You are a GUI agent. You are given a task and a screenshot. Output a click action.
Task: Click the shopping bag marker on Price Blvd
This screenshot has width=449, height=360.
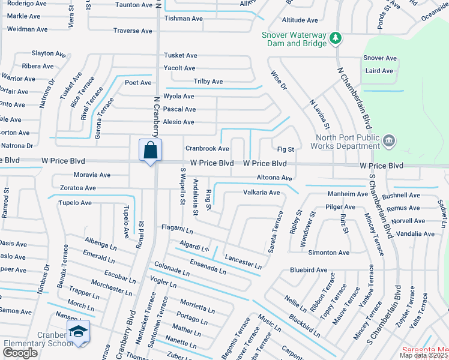click(x=150, y=150)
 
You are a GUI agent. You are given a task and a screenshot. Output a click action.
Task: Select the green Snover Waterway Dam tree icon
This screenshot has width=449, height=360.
click(x=336, y=39)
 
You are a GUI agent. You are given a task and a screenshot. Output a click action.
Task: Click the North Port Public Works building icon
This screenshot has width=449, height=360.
click(x=389, y=140)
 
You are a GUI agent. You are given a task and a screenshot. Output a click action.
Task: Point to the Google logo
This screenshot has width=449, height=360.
click(x=20, y=353)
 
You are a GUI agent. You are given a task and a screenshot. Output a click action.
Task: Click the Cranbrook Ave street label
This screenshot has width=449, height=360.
click(x=207, y=148)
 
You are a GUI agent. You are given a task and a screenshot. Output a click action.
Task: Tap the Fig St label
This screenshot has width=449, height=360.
click(x=286, y=149)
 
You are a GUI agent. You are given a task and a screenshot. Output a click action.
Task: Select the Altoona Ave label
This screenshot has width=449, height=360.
click(x=274, y=178)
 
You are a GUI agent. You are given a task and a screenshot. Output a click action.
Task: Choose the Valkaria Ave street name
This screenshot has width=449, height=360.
click(x=262, y=193)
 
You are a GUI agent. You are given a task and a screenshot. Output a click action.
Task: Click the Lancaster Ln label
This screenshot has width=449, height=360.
click(x=243, y=262)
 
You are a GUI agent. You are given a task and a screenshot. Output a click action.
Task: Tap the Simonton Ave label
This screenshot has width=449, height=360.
click(x=329, y=253)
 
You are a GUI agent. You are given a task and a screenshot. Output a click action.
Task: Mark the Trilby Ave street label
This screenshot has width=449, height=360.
click(x=208, y=82)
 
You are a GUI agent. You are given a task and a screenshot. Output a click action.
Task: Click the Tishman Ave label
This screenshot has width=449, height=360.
click(x=183, y=19)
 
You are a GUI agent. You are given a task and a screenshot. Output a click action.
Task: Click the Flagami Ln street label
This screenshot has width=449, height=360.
click(x=177, y=229)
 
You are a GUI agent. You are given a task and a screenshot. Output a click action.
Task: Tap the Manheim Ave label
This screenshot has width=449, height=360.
click(x=348, y=194)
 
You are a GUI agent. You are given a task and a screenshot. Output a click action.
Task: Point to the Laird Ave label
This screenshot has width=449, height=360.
click(x=379, y=71)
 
